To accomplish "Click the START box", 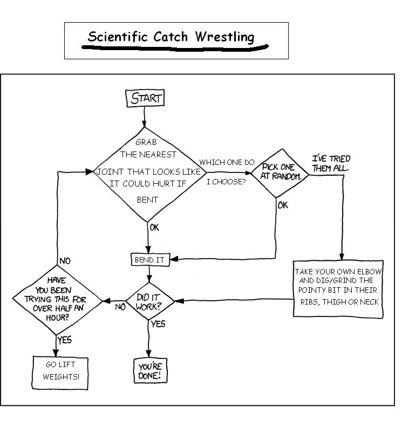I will (x=145, y=98).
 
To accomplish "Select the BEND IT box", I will (x=149, y=259).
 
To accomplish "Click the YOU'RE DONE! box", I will (x=149, y=371).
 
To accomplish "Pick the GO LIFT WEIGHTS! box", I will (x=61, y=371).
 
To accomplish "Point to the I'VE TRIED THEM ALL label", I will (x=331, y=163).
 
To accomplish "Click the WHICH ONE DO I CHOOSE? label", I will (x=227, y=171).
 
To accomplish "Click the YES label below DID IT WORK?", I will (x=158, y=324).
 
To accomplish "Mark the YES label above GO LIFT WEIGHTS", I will (x=64, y=340).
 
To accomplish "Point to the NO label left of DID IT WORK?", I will (x=120, y=307).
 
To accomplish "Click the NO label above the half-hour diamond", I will (x=65, y=261).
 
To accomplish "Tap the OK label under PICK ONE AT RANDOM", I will (x=283, y=205).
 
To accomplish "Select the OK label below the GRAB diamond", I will (x=154, y=227).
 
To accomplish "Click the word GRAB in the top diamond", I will (x=146, y=142).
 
